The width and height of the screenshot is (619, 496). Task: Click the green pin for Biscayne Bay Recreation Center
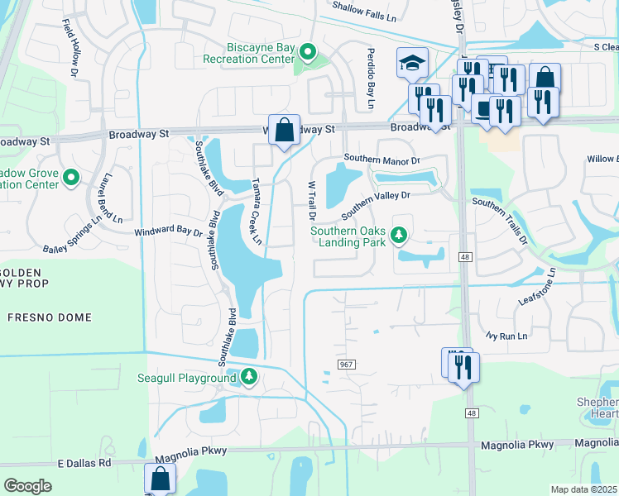(308, 53)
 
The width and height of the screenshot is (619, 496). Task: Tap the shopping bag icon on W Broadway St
(284, 131)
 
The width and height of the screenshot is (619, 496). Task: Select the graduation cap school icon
(411, 62)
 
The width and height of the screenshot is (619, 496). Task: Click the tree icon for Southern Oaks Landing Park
(400, 236)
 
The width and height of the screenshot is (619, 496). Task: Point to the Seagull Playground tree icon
(249, 378)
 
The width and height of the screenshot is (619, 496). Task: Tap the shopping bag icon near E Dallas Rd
(160, 479)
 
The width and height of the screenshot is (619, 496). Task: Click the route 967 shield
(346, 365)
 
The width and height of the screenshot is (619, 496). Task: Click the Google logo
(27, 485)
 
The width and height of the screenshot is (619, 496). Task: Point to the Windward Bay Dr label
(169, 234)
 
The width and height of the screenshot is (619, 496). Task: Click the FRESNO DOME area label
(41, 317)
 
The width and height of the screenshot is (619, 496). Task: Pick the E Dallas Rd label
(85, 463)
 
